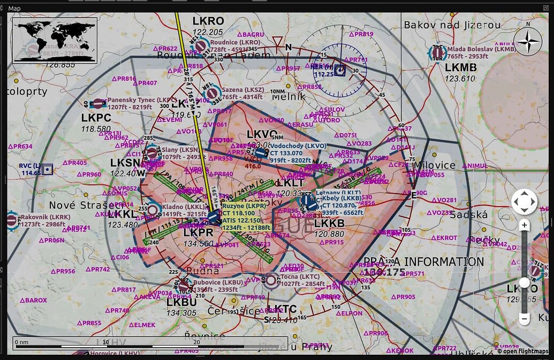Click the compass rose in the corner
click(x=528, y=41)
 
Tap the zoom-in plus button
click(x=524, y=225)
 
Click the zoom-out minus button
click(x=524, y=318)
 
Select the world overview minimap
click(x=55, y=40)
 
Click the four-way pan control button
click(x=524, y=202)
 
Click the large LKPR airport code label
click(x=199, y=232)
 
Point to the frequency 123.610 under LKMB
click(x=460, y=78)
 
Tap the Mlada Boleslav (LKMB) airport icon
click(x=437, y=53)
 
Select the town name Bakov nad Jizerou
click(x=452, y=25)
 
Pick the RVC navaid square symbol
click(x=48, y=170)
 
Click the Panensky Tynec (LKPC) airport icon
click(x=98, y=104)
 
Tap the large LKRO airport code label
click(x=208, y=21)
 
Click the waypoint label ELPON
click(x=351, y=313)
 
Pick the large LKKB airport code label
click(x=329, y=223)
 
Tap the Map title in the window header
click(x=14, y=8)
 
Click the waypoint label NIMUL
click(x=476, y=166)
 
